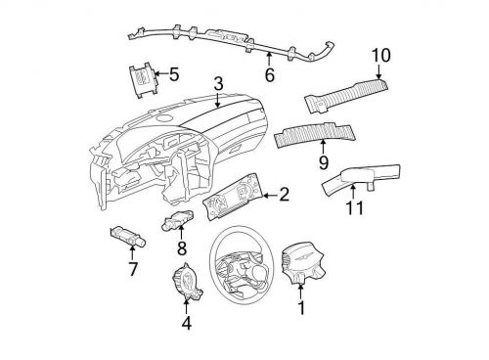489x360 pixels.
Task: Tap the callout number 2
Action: (284, 195)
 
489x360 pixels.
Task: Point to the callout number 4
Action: (187, 322)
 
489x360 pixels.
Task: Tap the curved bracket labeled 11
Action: (363, 178)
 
